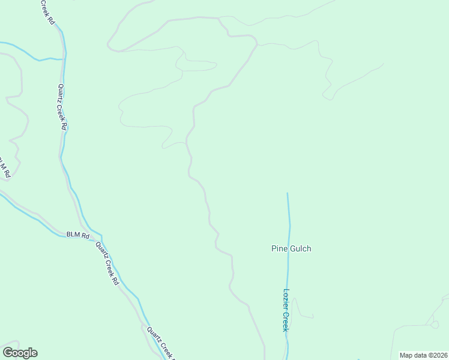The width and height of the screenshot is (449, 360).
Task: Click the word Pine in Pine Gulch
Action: tap(279, 248)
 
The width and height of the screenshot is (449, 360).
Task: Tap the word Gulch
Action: tap(300, 248)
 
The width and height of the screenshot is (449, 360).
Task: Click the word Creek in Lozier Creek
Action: tap(286, 321)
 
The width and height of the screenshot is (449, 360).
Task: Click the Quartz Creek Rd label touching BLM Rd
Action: tap(107, 263)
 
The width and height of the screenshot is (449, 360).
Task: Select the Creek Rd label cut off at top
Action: tap(48, 12)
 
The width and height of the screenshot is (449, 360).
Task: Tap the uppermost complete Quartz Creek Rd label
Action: tap(62, 106)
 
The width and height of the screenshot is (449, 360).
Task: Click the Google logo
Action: tap(20, 353)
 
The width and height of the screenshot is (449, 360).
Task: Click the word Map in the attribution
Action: tap(406, 355)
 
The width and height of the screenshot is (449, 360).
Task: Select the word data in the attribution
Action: tap(420, 355)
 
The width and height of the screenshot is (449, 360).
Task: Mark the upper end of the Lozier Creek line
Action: tap(288, 193)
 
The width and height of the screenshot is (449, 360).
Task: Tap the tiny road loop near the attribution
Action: tap(433, 324)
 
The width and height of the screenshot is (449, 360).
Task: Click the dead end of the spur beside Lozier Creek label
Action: tap(313, 316)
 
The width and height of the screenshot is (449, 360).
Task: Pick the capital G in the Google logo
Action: tap(8, 353)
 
